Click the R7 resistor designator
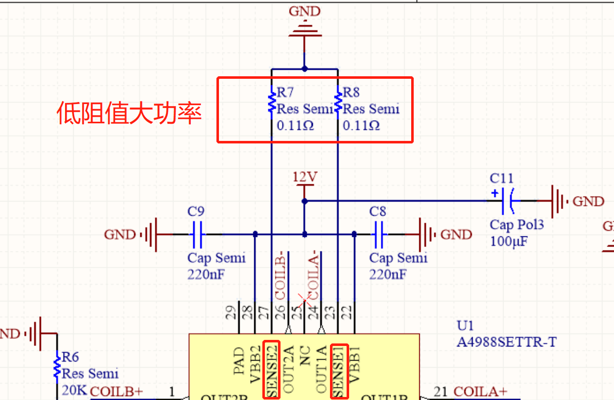286,92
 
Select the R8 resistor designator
351,92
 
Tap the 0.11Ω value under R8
361,125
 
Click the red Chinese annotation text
129,113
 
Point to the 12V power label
305,177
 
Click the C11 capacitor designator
501,178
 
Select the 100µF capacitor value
509,241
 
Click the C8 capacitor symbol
378,234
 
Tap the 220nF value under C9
206,274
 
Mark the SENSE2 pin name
271,370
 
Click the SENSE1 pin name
339,371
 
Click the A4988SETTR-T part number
506,342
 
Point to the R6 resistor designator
70,358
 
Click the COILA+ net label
480,391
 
